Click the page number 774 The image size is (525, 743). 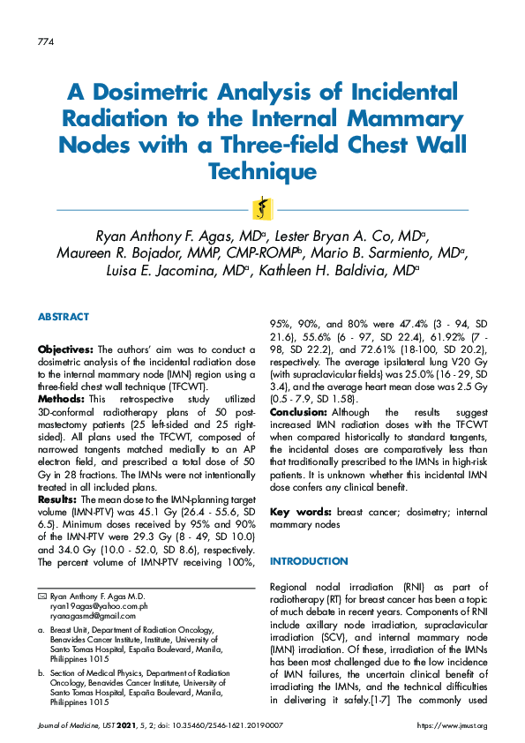(x=47, y=42)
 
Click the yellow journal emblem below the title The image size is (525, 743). (x=262, y=209)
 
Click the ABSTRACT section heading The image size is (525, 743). (x=63, y=317)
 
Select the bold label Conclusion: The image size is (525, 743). (x=299, y=411)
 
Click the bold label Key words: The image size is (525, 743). (x=299, y=512)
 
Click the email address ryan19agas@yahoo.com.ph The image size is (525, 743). (x=99, y=606)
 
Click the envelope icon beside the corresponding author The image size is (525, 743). (x=41, y=597)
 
